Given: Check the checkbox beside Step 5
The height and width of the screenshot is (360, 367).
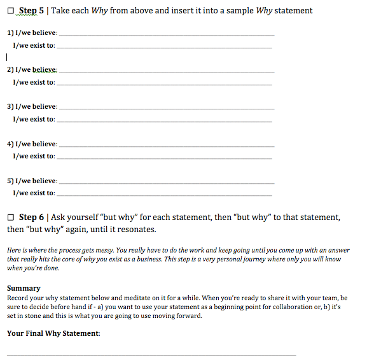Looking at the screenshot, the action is tap(10, 11).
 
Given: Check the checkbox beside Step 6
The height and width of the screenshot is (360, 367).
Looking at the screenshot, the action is tap(10, 218).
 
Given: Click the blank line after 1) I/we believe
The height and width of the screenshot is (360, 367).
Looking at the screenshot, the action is tap(166, 33).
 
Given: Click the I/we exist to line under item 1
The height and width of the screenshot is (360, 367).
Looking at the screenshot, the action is tap(163, 47).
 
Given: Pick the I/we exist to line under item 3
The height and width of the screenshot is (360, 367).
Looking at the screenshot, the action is tap(163, 120).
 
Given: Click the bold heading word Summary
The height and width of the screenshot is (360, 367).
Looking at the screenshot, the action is tap(24, 288).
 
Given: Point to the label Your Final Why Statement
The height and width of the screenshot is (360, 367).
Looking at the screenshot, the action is tap(53, 333).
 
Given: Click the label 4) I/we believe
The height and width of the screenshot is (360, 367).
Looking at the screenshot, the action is tap(31, 144).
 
